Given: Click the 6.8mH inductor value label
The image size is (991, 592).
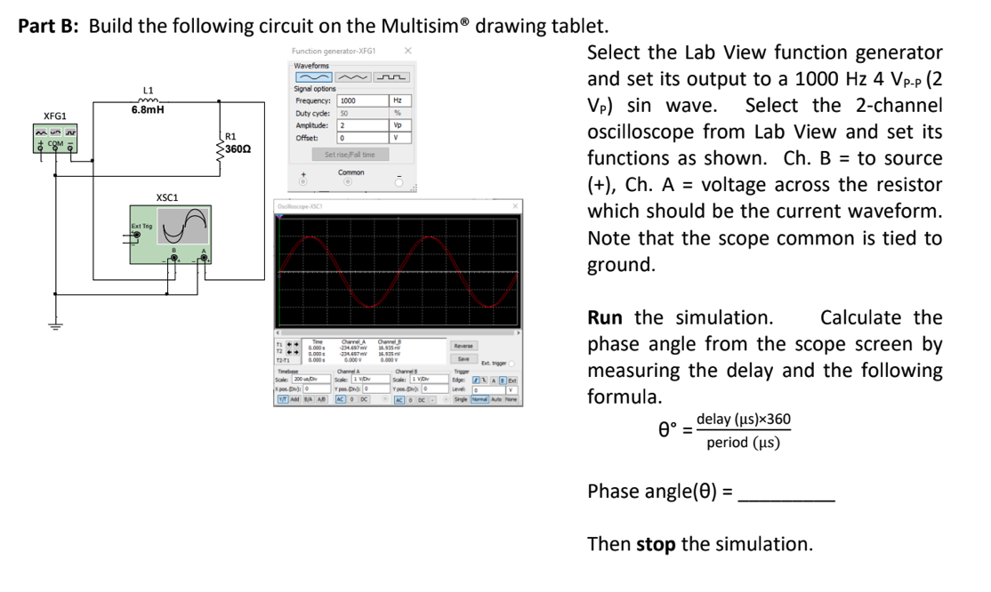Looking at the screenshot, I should coord(148,111).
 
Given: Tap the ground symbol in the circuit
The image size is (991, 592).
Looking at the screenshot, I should coord(59,324).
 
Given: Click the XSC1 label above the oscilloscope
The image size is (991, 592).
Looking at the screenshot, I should coord(166,196).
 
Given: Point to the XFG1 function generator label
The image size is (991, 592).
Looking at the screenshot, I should coord(55,116).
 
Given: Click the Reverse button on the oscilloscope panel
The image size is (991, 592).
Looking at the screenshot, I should coord(463,345).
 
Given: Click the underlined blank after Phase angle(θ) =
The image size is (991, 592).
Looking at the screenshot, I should coord(786,492).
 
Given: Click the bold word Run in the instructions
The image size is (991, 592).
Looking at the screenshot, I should coord(605,318).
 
